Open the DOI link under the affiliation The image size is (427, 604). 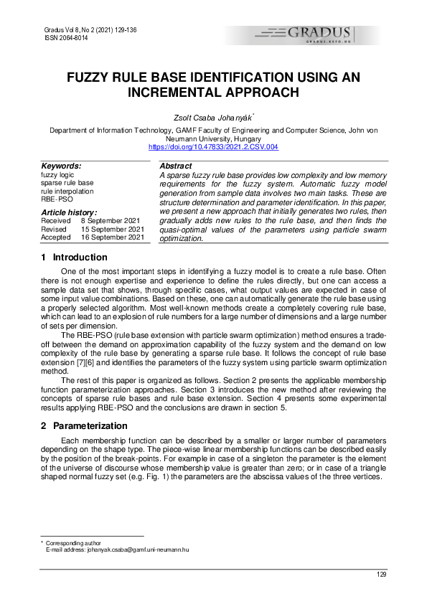point(213,147)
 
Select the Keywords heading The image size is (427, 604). point(61,166)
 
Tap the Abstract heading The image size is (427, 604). point(175,166)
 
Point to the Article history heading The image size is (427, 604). point(68,212)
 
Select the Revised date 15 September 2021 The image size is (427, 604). point(112,229)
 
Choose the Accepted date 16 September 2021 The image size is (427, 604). point(112,237)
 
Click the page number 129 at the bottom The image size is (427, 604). point(382,575)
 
